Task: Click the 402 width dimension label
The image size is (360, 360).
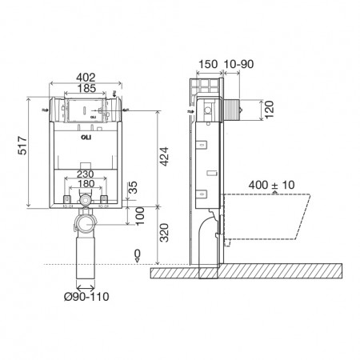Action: [x=86, y=78]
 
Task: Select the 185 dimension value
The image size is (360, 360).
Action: [x=86, y=88]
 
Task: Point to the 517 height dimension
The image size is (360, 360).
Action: [x=22, y=146]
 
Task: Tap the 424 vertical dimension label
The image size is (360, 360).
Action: [x=164, y=157]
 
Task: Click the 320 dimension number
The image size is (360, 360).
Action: [x=164, y=233]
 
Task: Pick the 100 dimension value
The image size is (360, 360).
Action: [x=140, y=216]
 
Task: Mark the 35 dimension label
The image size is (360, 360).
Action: [x=133, y=187]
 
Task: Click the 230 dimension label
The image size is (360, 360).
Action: [x=86, y=174]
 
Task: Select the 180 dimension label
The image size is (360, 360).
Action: [x=86, y=184]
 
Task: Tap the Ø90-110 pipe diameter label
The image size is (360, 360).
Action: [x=86, y=297]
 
